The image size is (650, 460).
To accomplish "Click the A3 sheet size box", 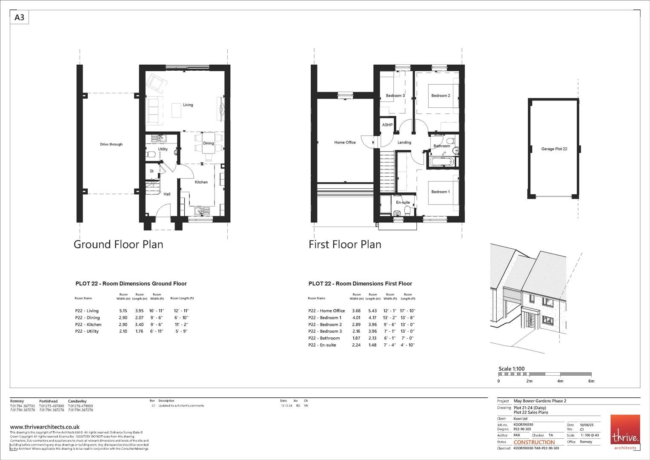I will click(x=19, y=17).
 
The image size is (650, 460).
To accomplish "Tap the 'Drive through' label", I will click(x=111, y=144).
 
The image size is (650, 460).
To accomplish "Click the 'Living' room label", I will click(x=188, y=105).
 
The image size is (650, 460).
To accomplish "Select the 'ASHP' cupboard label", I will click(x=387, y=125).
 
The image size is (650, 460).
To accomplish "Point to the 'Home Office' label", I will click(x=345, y=142).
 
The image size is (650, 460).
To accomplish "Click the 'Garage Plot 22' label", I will click(x=554, y=149).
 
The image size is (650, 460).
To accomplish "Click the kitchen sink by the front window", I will click(x=200, y=210).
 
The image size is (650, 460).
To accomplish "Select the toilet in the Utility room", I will click(x=150, y=155).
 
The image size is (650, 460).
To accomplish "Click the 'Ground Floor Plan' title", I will click(x=118, y=244).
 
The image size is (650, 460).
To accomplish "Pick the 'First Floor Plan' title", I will click(x=345, y=244).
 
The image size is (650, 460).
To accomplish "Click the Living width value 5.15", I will click(x=123, y=311).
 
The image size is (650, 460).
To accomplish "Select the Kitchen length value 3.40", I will click(x=139, y=325).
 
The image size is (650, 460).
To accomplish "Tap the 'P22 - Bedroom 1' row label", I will click(x=324, y=318).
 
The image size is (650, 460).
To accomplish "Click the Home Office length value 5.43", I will click(x=372, y=311).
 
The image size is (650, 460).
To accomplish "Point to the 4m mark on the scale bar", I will click(x=560, y=381).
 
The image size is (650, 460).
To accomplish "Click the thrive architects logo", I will click(x=625, y=432).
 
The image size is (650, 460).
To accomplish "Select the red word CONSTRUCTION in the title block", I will click(x=534, y=442).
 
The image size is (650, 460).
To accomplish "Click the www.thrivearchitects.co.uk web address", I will click(x=45, y=427).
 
